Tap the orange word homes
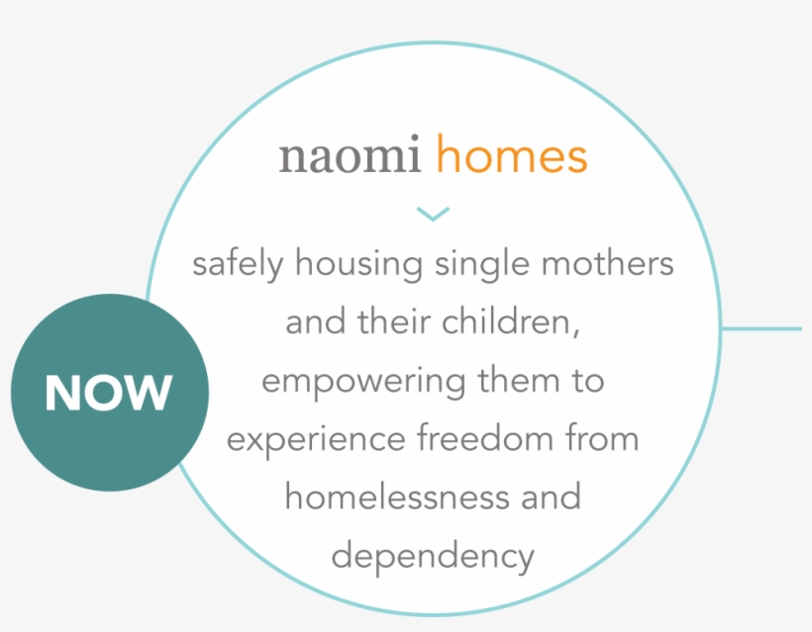(x=512, y=153)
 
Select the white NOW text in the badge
(x=108, y=393)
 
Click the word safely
(x=238, y=264)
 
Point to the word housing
(x=358, y=264)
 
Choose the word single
(x=482, y=264)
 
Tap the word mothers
(x=607, y=263)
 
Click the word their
(x=393, y=320)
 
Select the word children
(x=511, y=321)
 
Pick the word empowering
(x=363, y=382)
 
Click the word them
(x=518, y=380)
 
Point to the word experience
(x=316, y=439)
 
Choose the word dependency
(x=433, y=557)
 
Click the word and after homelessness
(x=551, y=496)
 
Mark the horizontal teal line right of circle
(x=761, y=328)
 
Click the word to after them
(x=588, y=381)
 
